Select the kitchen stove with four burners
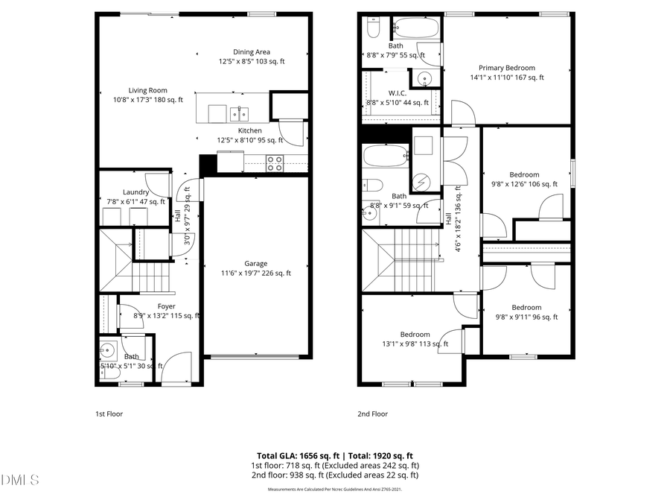[275, 163]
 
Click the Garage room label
[256, 263]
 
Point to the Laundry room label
[135, 192]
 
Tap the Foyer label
[166, 306]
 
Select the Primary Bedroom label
[507, 68]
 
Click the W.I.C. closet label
[397, 93]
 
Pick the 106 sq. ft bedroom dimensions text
[524, 184]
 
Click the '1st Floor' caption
[109, 414]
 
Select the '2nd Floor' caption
[373, 414]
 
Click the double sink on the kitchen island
[239, 113]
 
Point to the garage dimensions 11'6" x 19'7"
[256, 273]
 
